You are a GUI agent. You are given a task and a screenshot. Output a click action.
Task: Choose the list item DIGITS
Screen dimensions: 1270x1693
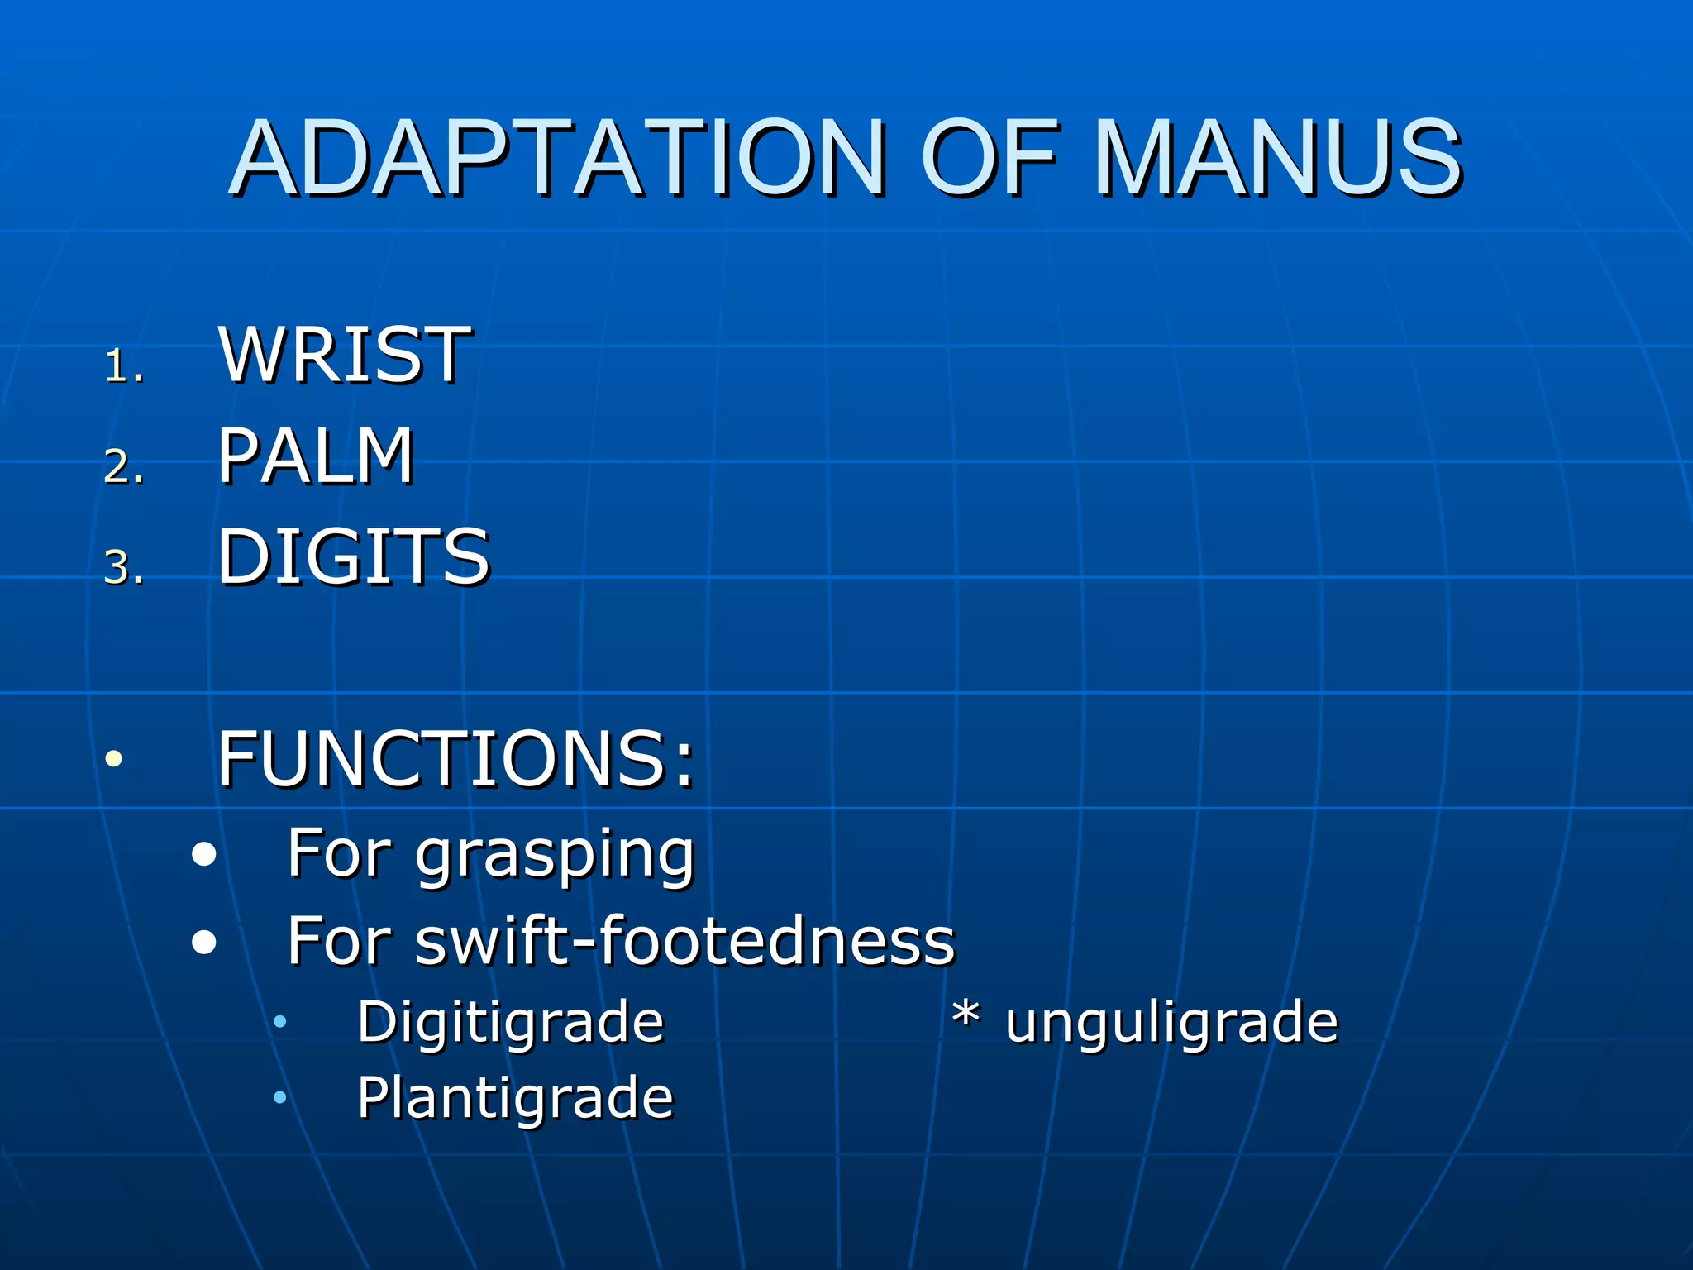tap(353, 556)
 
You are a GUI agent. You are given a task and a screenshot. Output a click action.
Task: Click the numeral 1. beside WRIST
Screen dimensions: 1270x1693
tap(124, 365)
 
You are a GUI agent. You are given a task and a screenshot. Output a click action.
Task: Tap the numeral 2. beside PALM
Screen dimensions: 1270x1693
tap(124, 466)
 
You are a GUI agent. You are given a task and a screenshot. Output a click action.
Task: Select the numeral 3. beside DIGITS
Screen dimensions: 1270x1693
tap(124, 568)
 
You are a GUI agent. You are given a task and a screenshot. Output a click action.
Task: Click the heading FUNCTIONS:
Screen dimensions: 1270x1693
tap(455, 758)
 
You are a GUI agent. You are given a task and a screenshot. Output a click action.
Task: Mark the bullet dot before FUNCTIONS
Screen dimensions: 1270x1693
tap(114, 758)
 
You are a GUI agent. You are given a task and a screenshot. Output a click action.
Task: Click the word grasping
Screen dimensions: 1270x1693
tap(555, 856)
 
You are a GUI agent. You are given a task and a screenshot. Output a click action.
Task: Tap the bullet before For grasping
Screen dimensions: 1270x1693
tap(203, 854)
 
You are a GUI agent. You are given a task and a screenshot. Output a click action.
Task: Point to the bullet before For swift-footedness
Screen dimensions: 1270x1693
tap(203, 942)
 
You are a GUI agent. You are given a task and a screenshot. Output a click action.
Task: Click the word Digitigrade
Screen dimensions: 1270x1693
tap(510, 1024)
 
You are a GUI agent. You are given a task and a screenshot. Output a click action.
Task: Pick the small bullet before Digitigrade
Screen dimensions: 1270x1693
tap(280, 1022)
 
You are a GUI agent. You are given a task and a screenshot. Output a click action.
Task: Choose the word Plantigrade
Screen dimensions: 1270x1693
tap(515, 1099)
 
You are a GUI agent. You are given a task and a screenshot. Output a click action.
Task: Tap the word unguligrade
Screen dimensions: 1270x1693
tap(1171, 1024)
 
